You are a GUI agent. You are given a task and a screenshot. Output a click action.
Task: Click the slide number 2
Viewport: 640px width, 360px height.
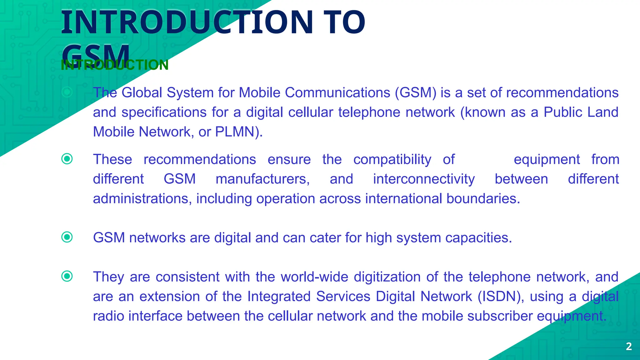(x=629, y=346)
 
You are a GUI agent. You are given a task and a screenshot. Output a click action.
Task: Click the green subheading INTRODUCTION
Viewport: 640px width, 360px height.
(x=115, y=65)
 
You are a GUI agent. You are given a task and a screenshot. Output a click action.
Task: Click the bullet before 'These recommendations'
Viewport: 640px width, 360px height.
(x=67, y=159)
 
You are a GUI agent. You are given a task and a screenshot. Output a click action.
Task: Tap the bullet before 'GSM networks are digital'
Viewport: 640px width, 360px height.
(x=67, y=237)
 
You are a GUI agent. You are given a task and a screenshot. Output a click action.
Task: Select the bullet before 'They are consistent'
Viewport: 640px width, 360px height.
(x=67, y=276)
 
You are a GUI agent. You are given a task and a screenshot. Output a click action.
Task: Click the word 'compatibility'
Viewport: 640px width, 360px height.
(x=392, y=160)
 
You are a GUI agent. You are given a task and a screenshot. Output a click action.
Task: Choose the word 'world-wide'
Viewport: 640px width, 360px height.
(x=314, y=277)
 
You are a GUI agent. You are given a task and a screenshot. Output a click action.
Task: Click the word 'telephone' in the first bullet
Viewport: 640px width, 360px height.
(x=369, y=112)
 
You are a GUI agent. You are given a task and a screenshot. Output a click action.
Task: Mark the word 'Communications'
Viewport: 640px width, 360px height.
(x=337, y=93)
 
